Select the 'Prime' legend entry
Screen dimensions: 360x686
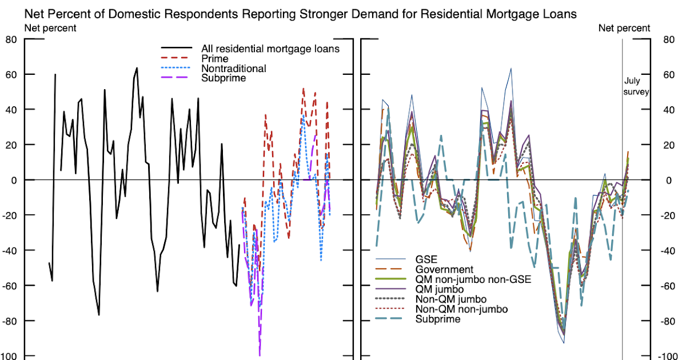coord(215,59)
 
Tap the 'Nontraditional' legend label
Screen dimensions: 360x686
coord(234,69)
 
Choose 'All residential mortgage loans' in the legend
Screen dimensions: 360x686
coord(270,49)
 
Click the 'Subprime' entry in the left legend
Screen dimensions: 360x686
coord(224,78)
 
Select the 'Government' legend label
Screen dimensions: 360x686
coord(444,270)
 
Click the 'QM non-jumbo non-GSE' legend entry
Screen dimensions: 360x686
coord(473,279)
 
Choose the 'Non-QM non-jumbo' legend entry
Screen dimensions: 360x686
coord(461,309)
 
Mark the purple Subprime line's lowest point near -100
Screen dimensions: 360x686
coord(260,355)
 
